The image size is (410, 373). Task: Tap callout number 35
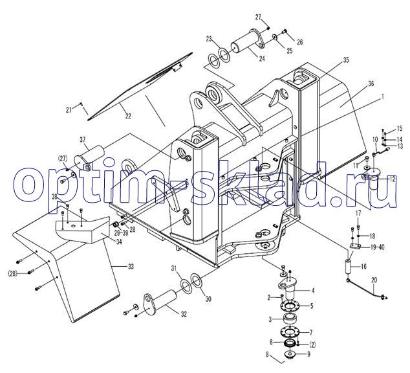(x=346, y=60)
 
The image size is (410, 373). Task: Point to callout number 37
(x=82, y=139)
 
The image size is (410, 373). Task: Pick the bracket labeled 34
(x=81, y=232)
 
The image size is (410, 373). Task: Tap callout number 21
(x=69, y=111)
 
